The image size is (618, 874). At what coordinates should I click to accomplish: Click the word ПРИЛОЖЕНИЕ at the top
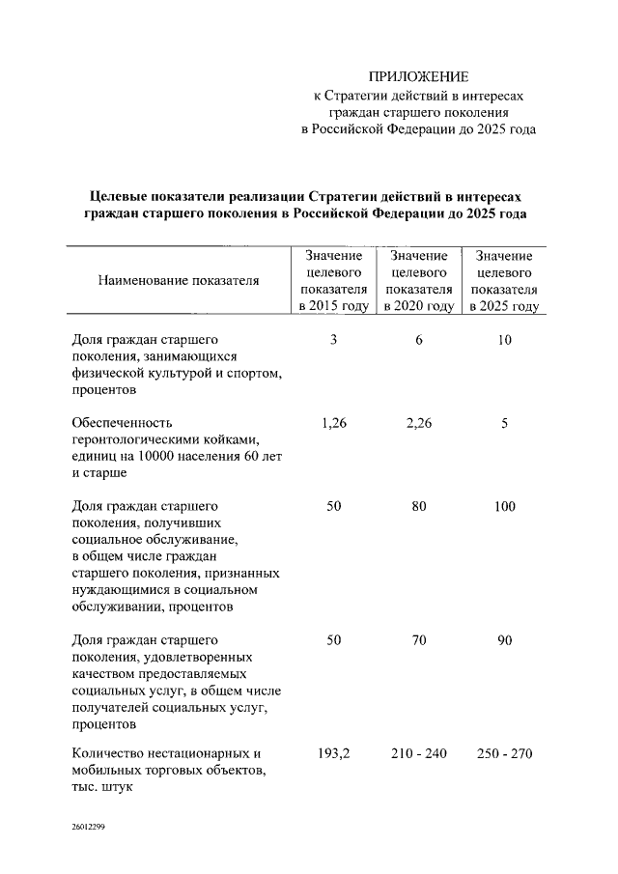click(418, 76)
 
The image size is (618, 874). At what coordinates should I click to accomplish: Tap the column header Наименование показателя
click(179, 281)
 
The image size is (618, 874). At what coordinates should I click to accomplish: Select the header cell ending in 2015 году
click(333, 281)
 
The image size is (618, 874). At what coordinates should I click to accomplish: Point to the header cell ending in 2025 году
click(504, 281)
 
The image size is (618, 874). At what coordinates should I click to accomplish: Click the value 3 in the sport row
click(333, 340)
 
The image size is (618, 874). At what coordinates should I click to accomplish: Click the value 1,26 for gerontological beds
click(333, 423)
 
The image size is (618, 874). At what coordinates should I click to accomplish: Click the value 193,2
click(333, 753)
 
